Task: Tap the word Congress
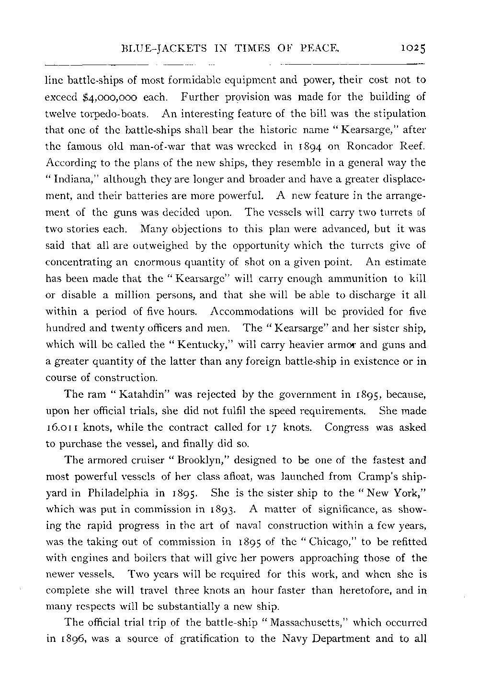346,428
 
